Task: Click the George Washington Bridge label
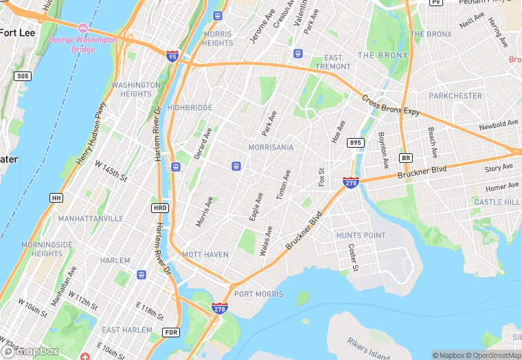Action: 82,45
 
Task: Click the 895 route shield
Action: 355,142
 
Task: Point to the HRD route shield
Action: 159,207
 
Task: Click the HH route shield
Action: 56,198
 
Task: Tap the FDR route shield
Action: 171,332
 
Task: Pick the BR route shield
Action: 405,157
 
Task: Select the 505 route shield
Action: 23,76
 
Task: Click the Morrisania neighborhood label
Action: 271,147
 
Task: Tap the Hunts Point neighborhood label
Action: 361,235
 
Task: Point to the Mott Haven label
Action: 205,254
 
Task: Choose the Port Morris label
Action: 258,294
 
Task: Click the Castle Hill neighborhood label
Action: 497,202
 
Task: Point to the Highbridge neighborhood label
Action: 190,108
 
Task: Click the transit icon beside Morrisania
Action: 236,166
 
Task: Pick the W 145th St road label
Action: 111,172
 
